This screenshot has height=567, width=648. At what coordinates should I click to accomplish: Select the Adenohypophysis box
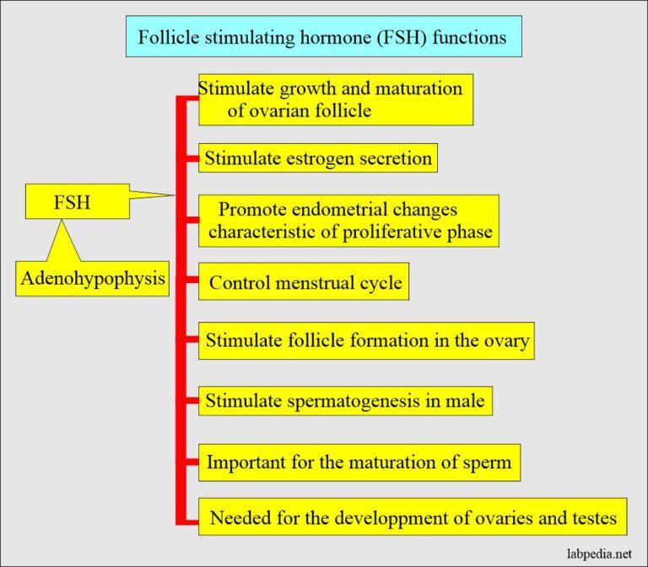click(x=92, y=278)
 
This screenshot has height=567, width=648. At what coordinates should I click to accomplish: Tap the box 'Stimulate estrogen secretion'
click(x=318, y=158)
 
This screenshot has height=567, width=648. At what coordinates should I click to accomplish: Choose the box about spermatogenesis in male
click(x=345, y=400)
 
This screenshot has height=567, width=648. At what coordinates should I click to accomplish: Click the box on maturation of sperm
click(x=359, y=463)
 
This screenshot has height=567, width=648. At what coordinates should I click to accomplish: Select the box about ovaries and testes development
click(x=413, y=516)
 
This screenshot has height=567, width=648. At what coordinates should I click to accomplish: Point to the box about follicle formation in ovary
click(x=367, y=341)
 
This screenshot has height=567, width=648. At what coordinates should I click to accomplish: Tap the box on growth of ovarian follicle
click(x=335, y=99)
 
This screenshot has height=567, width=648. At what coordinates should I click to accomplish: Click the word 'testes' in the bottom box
click(x=592, y=516)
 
